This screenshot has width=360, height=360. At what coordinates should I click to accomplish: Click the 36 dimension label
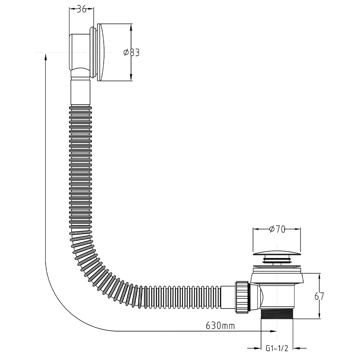click(81, 9)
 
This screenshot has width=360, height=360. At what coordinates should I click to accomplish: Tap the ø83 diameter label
click(131, 53)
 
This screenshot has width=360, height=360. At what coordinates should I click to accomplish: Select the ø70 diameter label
click(277, 229)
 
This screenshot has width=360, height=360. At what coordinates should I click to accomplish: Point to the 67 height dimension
click(319, 296)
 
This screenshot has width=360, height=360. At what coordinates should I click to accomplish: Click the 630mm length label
click(220, 325)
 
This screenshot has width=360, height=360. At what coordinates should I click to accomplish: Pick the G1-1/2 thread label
click(277, 348)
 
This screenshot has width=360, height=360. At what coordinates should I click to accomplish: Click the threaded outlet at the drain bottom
click(277, 314)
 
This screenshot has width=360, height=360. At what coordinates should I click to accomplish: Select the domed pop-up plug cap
click(276, 253)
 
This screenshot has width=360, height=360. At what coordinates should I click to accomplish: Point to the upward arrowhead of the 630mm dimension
click(46, 57)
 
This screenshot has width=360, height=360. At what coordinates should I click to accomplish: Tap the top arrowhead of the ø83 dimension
click(131, 28)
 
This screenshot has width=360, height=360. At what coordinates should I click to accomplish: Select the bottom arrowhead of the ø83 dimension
click(131, 77)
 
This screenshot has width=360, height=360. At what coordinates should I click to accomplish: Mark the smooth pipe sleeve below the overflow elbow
click(80, 92)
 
